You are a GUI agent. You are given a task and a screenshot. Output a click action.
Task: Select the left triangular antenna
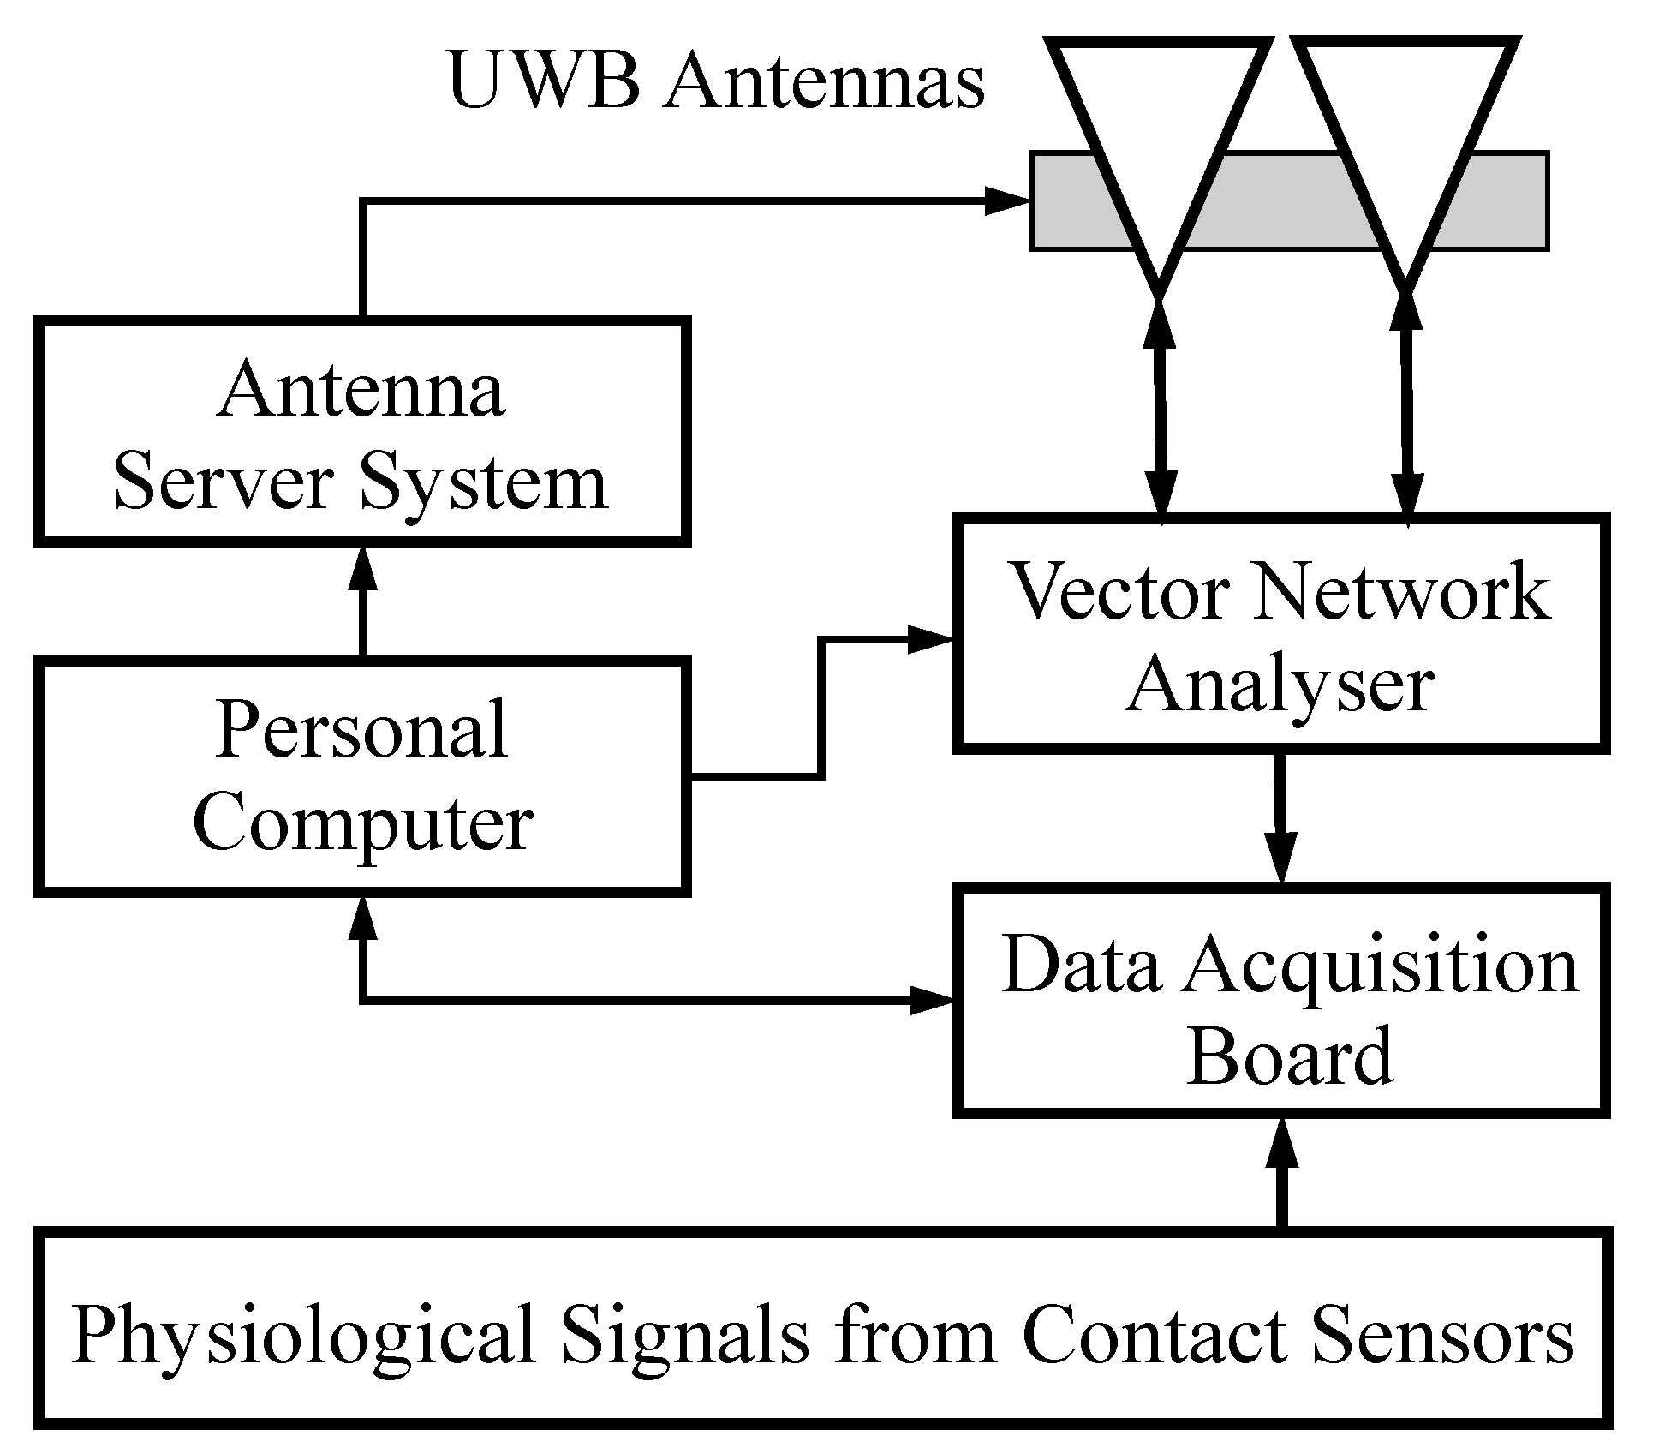pyautogui.click(x=1158, y=129)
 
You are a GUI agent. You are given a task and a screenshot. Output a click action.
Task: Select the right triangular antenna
pyautogui.click(x=1405, y=129)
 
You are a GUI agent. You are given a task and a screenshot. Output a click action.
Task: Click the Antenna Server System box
pyautogui.click(x=361, y=433)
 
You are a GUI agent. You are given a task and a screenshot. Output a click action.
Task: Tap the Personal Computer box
pyautogui.click(x=361, y=775)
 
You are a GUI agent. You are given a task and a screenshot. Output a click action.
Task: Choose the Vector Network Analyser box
pyautogui.click(x=1280, y=634)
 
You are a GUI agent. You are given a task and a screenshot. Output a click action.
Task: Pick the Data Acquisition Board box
pyautogui.click(x=1280, y=1000)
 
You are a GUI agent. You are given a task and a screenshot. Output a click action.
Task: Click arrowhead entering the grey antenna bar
pyautogui.click(x=1006, y=201)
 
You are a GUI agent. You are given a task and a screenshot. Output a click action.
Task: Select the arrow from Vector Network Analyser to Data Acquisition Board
pyautogui.click(x=1281, y=818)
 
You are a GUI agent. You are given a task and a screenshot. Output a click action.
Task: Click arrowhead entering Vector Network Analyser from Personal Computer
pyautogui.click(x=929, y=639)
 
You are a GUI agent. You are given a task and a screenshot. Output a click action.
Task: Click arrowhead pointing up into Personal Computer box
pyautogui.click(x=362, y=921)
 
